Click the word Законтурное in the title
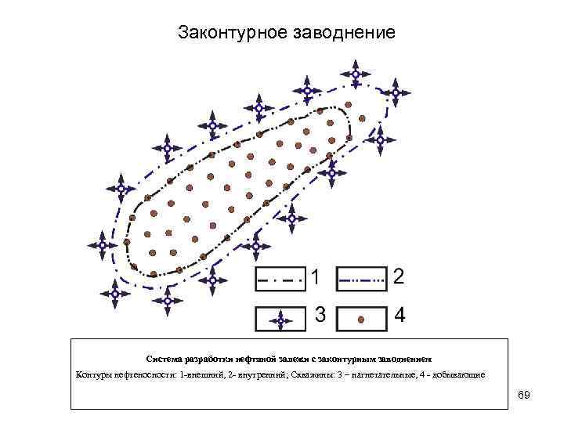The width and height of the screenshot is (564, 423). click(232, 34)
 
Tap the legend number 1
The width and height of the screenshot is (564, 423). click(315, 277)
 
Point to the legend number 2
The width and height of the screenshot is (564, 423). click(399, 277)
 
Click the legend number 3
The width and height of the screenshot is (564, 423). click(320, 315)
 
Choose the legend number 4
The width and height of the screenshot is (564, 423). click(399, 316)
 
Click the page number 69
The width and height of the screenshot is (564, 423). click(524, 395)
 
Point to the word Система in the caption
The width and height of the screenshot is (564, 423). click(164, 359)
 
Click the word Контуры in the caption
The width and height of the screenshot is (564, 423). click(95, 374)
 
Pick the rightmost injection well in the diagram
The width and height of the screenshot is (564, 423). click(399, 93)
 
